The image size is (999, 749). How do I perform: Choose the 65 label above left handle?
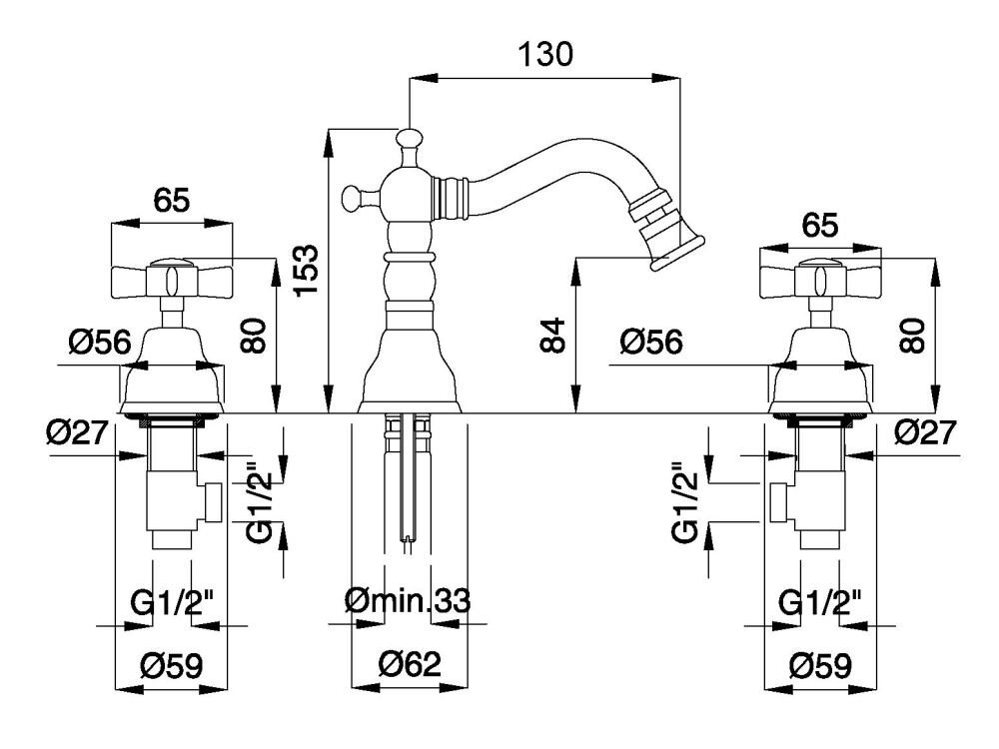171,201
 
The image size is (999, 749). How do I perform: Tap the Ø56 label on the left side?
100,343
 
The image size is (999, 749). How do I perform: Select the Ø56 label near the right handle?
651,343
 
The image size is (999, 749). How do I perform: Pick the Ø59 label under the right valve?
818,664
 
